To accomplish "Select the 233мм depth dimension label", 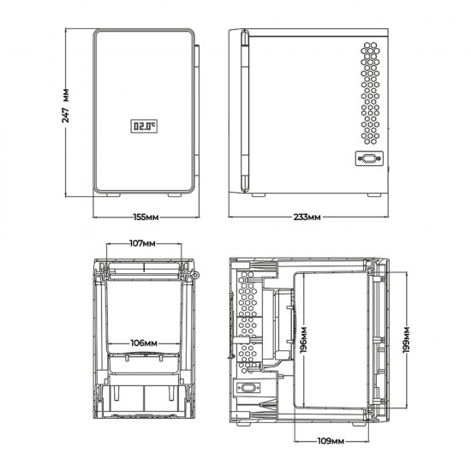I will click(307, 218).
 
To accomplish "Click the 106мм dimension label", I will click(143, 342).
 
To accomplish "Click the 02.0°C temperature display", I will click(145, 127).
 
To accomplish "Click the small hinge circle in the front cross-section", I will click(198, 275).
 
